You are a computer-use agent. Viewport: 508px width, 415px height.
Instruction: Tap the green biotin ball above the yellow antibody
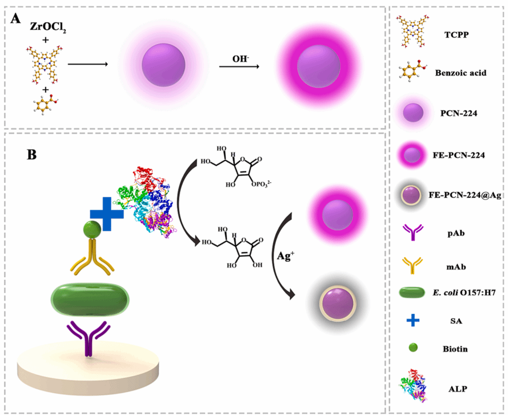[x=91, y=230]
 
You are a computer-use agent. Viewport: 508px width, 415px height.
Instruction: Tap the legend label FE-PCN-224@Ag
[x=469, y=195]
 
